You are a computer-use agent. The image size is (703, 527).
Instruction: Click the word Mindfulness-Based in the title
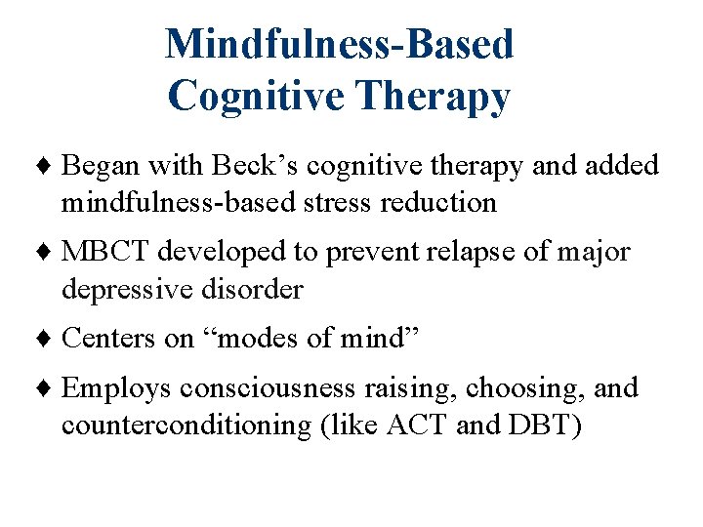(339, 44)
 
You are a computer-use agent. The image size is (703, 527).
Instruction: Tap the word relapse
(466, 253)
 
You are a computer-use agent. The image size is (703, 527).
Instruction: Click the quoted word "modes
(245, 339)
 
